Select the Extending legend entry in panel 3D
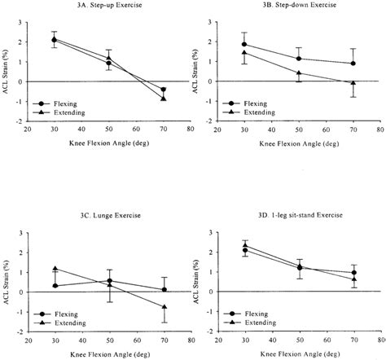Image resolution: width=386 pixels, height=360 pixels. pyautogui.click(x=258, y=323)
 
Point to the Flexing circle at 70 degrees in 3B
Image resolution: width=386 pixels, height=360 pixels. pyautogui.click(x=353, y=64)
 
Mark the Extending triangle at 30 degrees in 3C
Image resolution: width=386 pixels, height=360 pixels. pyautogui.click(x=55, y=269)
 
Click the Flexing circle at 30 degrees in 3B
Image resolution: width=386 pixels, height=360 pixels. pyautogui.click(x=244, y=45)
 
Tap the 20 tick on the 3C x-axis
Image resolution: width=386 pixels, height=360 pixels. pyautogui.click(x=28, y=339)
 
